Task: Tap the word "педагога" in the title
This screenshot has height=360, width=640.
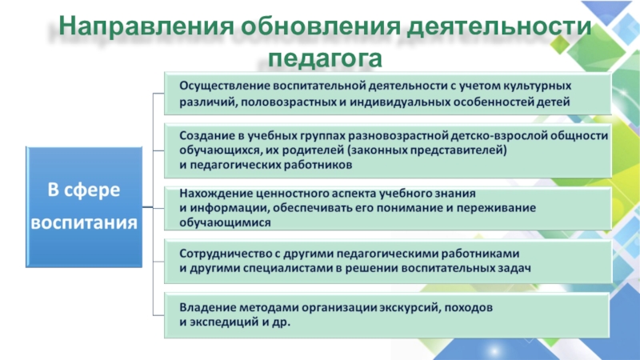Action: click(325, 58)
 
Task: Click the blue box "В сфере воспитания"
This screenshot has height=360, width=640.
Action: click(84, 207)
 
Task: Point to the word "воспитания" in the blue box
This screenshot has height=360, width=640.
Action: click(84, 223)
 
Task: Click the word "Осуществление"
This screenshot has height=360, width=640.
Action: click(224, 86)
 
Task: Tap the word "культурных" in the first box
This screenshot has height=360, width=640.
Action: click(537, 86)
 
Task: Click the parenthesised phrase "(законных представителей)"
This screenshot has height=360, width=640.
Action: click(427, 150)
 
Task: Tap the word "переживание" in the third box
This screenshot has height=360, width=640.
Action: click(496, 208)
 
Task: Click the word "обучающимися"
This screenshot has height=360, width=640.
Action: click(225, 223)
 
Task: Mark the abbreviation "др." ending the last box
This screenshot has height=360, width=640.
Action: click(282, 322)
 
